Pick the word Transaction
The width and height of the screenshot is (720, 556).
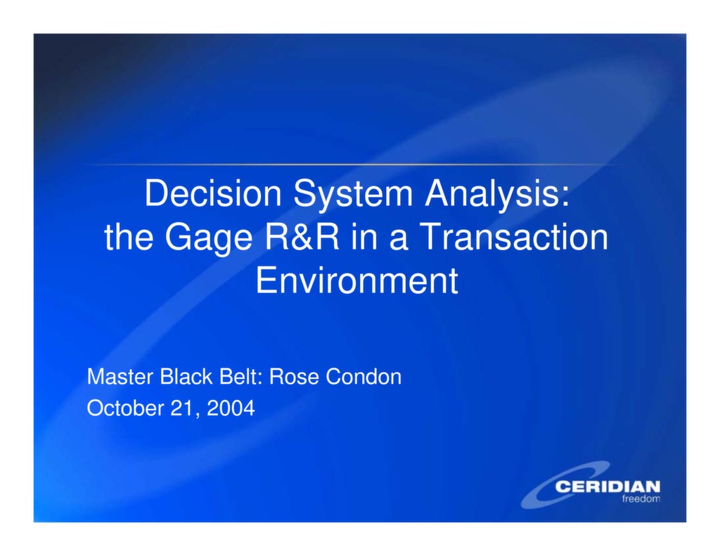[514, 238]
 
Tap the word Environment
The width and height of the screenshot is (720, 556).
[356, 280]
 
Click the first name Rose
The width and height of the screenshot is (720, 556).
[294, 377]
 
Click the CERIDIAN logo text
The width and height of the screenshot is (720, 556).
[607, 486]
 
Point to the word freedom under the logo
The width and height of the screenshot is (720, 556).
[641, 499]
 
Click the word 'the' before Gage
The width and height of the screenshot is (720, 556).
[129, 238]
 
